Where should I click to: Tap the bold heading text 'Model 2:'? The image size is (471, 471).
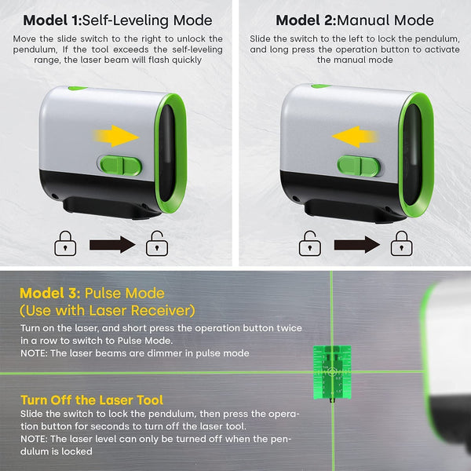pyautogui.click(x=307, y=20)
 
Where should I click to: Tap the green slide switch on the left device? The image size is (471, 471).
pyautogui.click(x=119, y=166)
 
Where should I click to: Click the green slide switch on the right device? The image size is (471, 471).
pyautogui.click(x=359, y=166)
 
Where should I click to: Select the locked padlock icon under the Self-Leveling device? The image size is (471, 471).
pyautogui.click(x=65, y=244)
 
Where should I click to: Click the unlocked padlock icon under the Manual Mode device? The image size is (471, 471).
pyautogui.click(x=309, y=244)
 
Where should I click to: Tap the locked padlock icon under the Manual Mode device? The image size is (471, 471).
pyautogui.click(x=402, y=244)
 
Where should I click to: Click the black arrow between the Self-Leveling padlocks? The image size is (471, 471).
pyautogui.click(x=112, y=245)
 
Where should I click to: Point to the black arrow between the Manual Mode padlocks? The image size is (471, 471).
pyautogui.click(x=356, y=245)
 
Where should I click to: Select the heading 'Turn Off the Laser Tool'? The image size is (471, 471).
pyautogui.click(x=86, y=399)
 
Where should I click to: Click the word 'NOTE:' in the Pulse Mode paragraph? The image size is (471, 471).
pyautogui.click(x=36, y=352)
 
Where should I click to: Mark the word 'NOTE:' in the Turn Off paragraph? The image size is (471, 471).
pyautogui.click(x=36, y=440)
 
